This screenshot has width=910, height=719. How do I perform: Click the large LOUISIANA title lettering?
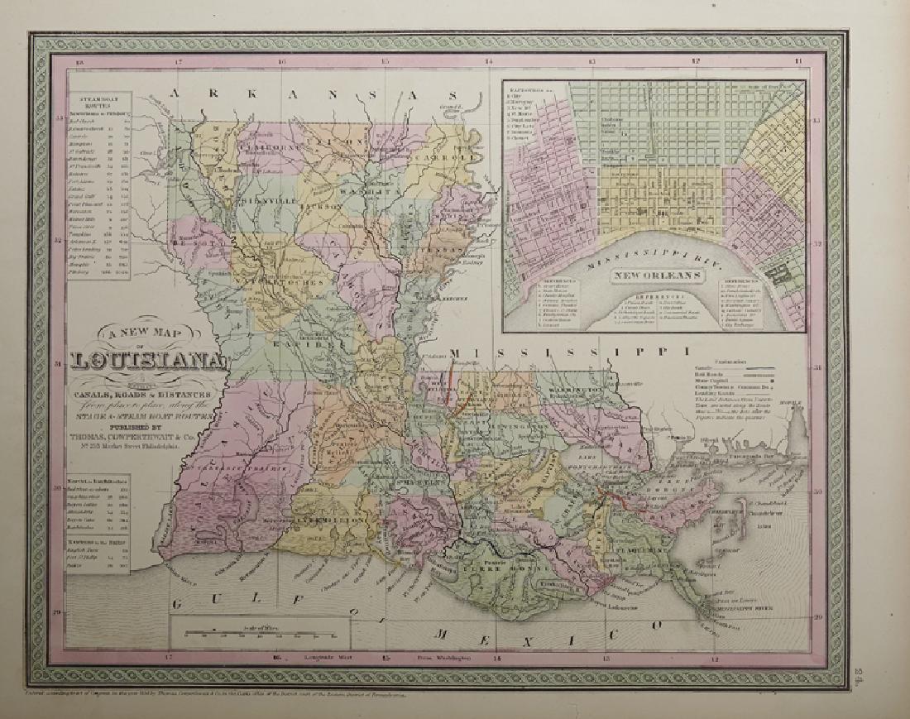(149, 362)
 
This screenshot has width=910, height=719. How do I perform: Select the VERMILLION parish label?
(330, 521)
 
